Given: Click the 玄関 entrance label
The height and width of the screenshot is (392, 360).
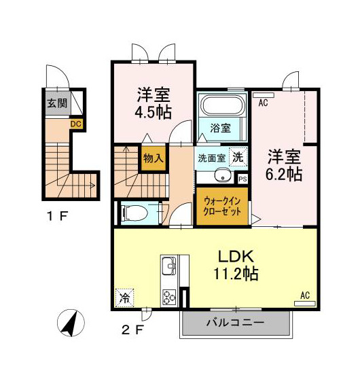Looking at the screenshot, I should pos(57,104).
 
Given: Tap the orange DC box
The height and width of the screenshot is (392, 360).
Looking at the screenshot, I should pos(76,124).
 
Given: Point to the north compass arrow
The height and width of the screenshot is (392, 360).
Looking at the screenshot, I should pos(71,323).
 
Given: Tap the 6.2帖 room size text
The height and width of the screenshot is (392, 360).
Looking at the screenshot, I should pos(284,174).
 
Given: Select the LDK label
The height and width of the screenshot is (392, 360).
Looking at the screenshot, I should pos(236,257).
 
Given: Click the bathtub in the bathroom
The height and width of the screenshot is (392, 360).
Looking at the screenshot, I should pos(223,107).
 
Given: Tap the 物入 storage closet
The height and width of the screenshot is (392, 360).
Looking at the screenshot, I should pos(153,158).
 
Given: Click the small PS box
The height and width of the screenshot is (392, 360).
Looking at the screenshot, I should pos(243,179).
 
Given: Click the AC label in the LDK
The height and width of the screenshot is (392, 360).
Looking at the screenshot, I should pos(304,296).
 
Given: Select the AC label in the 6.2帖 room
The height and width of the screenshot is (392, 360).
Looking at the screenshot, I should pos(263,103).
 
